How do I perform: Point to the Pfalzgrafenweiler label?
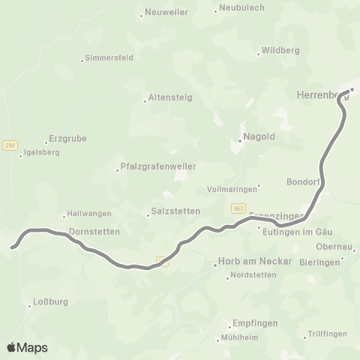pyautogui.click(x=153, y=167)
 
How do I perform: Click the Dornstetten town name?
pyautogui.click(x=94, y=232)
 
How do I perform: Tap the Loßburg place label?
pyautogui.click(x=51, y=304)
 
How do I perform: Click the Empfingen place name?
pyautogui.click(x=254, y=323)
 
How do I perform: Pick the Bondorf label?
pyautogui.click(x=303, y=182)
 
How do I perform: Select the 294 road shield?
pyautogui.click(x=10, y=145)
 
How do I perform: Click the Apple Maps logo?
pyautogui.click(x=26, y=346)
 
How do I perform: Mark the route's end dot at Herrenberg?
pyautogui.click(x=349, y=91)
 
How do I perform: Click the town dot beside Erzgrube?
pyautogui.click(x=46, y=142)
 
